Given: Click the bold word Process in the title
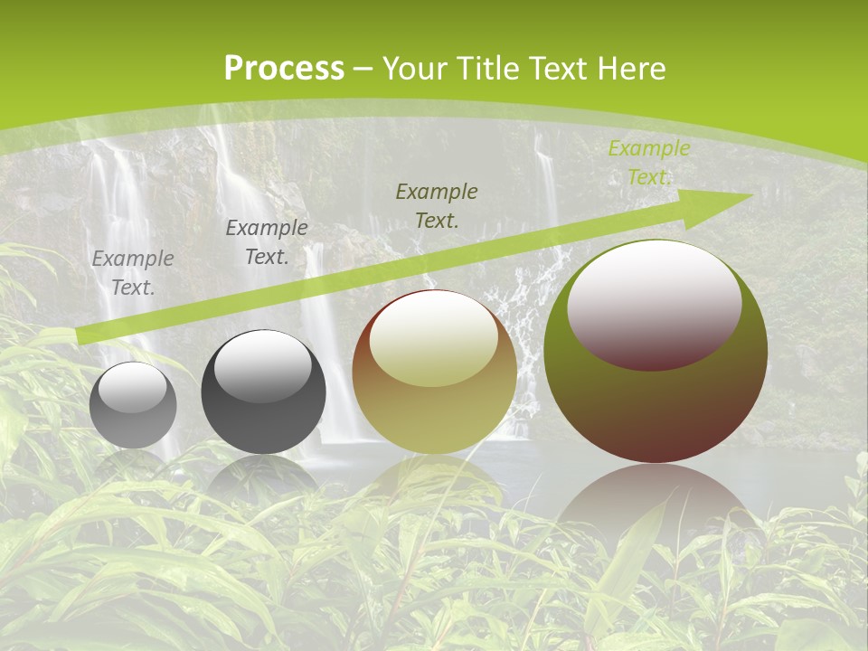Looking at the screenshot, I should [284, 69].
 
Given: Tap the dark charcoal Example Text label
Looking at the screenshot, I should [267, 242].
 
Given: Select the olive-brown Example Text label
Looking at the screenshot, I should [437, 205].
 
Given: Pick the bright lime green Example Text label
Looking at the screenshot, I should [649, 163].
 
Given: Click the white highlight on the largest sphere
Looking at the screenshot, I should [655, 304].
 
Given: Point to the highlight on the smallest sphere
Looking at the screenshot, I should [133, 388].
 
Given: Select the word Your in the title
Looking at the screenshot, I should [417, 69].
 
